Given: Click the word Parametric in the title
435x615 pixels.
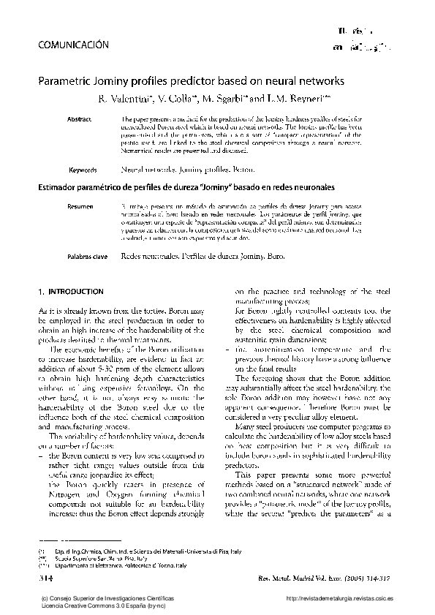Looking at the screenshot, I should (x=64, y=81).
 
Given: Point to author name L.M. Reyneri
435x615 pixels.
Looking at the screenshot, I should (x=292, y=98).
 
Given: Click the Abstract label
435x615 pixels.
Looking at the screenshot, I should (x=79, y=118).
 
